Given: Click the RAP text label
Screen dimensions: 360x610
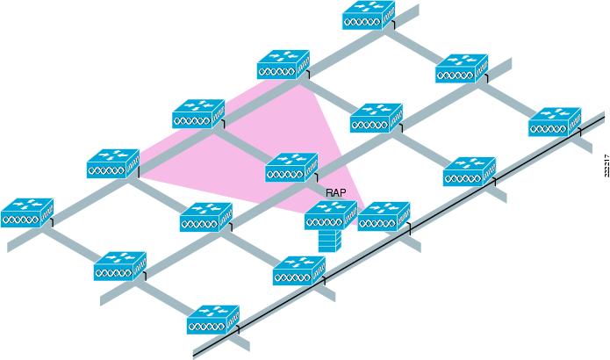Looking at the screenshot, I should [x=335, y=191].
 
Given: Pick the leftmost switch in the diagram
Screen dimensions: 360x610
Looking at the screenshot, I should [x=27, y=212].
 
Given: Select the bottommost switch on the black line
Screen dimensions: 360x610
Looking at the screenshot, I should [x=213, y=320].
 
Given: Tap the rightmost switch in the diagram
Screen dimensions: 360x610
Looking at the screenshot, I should [x=555, y=121].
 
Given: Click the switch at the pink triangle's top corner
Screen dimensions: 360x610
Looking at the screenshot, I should [x=283, y=64].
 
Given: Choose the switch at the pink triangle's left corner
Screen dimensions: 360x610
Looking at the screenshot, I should [x=113, y=163].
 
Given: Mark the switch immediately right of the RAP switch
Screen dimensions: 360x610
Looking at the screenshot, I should [x=384, y=216].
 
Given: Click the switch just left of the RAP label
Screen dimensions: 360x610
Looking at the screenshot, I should [x=291, y=167].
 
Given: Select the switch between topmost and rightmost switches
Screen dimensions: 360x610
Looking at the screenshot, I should [x=462, y=68].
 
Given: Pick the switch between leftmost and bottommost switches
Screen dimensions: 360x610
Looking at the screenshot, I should [x=120, y=266].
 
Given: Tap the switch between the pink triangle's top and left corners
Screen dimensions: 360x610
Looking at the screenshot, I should [x=198, y=114].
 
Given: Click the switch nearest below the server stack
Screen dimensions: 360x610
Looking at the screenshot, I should [x=299, y=270].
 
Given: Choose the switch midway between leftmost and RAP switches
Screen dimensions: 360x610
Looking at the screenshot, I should [x=206, y=217].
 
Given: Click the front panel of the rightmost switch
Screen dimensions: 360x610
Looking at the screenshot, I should [x=549, y=128].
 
